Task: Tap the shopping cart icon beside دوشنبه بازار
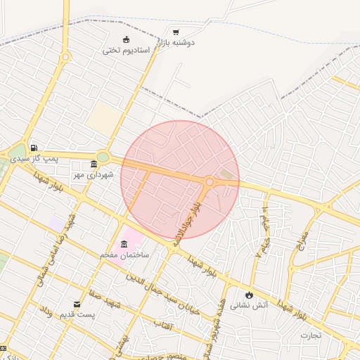pyautogui.click(x=175, y=32)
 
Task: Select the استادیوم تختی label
pyautogui.click(x=127, y=51)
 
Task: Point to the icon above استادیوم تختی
pyautogui.click(x=127, y=39)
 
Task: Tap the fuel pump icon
pyautogui.click(x=34, y=148)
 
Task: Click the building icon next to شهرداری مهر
pyautogui.click(x=94, y=165)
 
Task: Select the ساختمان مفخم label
pyautogui.click(x=124, y=255)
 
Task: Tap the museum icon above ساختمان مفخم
pyautogui.click(x=124, y=244)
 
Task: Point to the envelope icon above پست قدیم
pyautogui.click(x=77, y=304)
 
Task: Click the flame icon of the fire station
pyautogui.click(x=250, y=294)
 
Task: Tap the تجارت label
pyautogui.click(x=311, y=335)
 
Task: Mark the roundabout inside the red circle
pyautogui.click(x=210, y=182)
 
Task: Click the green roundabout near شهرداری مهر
pyautogui.click(x=103, y=157)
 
